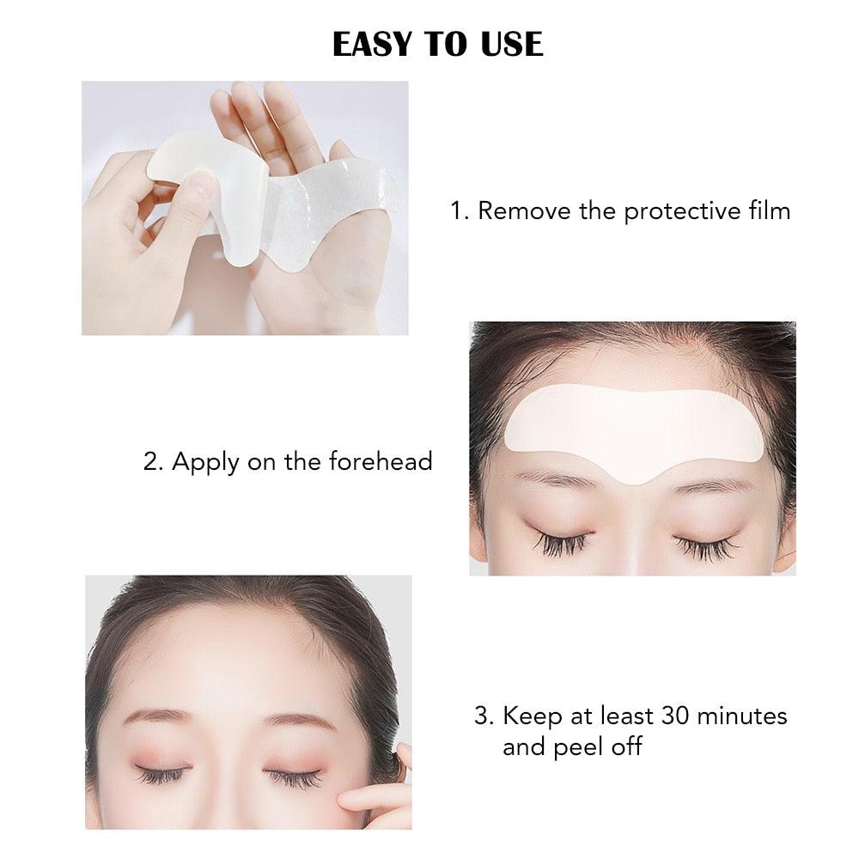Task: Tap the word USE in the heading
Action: [x=512, y=45]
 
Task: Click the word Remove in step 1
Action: [x=524, y=210]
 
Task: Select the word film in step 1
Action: [x=769, y=210]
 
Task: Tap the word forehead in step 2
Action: [x=381, y=461]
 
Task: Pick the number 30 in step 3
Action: [x=675, y=716]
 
